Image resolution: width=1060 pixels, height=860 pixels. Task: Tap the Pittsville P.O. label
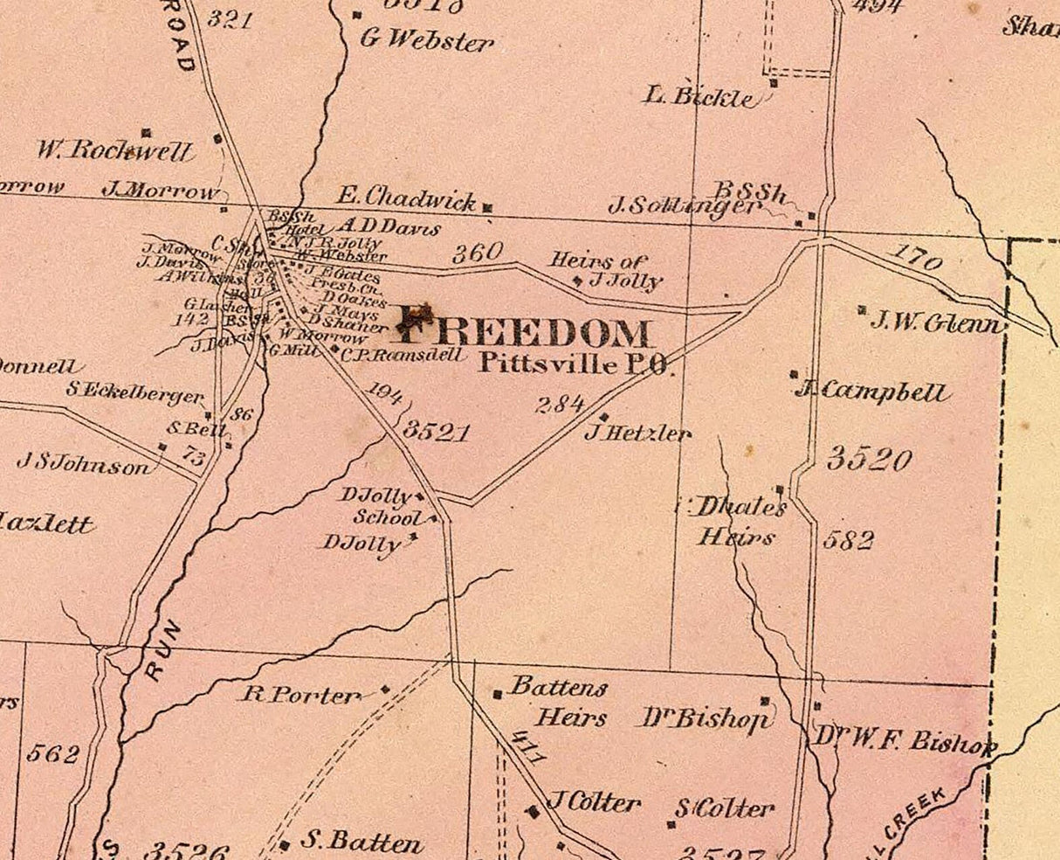(576, 364)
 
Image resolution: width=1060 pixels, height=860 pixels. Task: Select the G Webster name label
(427, 40)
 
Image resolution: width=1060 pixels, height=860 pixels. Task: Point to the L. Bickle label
(701, 96)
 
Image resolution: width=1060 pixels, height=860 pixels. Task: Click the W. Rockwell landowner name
(114, 150)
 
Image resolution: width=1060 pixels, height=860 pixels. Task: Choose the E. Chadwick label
(407, 198)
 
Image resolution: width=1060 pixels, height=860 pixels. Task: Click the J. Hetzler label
(637, 432)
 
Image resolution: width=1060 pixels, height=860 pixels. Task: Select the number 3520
(869, 459)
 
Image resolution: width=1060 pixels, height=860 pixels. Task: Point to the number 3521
(436, 432)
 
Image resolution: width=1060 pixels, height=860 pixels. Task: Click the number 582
(848, 540)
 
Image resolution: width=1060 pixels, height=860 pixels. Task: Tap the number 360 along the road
(478, 253)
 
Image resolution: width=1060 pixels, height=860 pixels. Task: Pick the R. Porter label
(301, 696)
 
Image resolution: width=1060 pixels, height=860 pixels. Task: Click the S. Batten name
(361, 843)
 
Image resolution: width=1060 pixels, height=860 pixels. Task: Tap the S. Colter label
(724, 808)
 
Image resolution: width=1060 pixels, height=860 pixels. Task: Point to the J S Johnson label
(83, 464)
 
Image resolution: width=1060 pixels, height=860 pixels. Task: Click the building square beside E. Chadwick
(487, 208)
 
